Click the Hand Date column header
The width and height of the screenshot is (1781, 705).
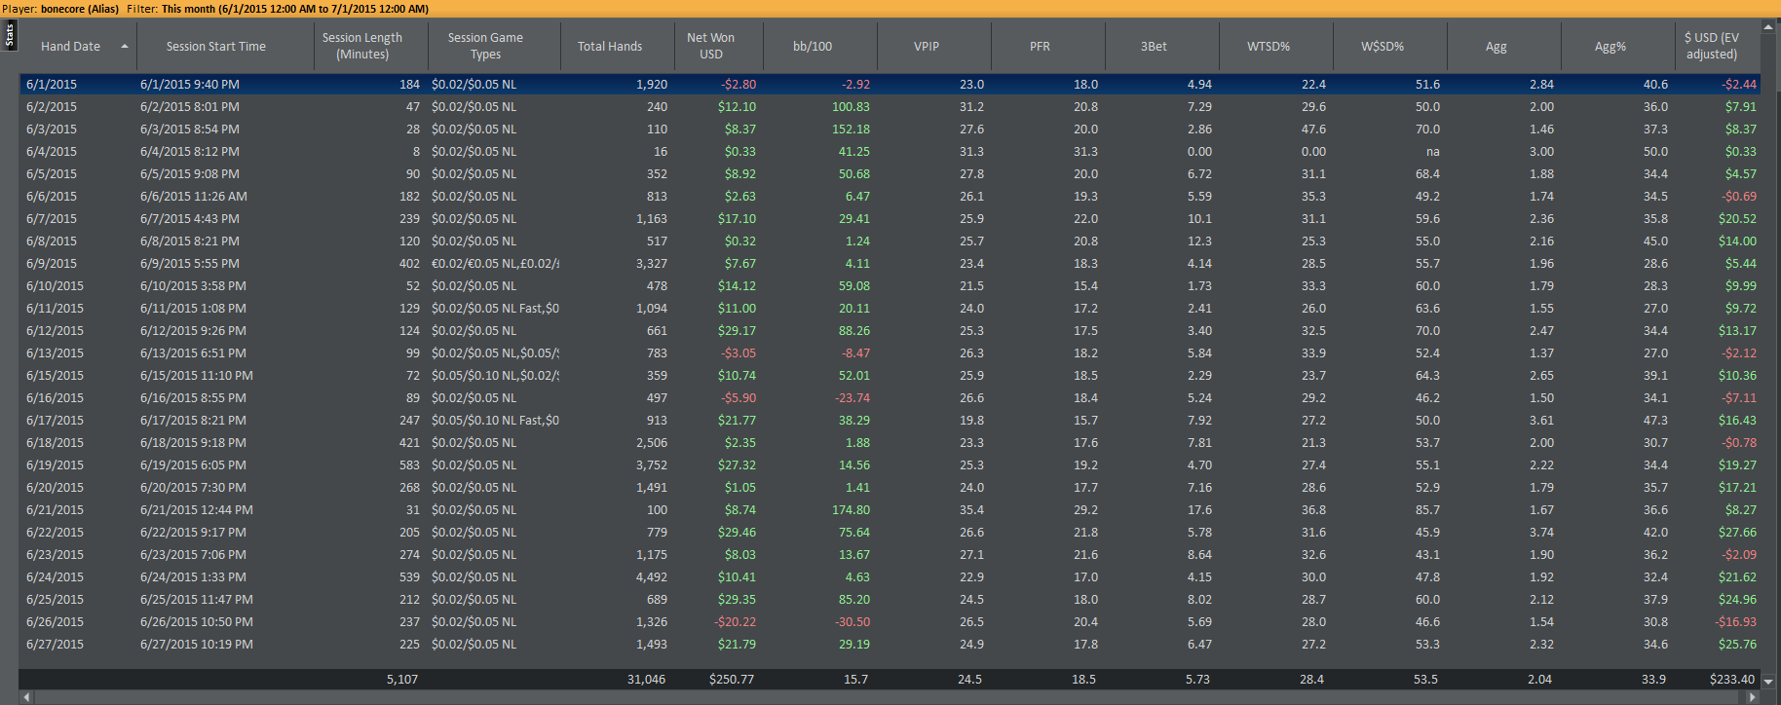pyautogui.click(x=70, y=47)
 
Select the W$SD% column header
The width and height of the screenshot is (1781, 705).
pyautogui.click(x=1383, y=47)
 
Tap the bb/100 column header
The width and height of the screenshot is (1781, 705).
pyautogui.click(x=813, y=47)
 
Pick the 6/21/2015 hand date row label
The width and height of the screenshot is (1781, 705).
pyautogui.click(x=55, y=510)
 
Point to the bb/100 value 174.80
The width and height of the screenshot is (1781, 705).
pyautogui.click(x=851, y=510)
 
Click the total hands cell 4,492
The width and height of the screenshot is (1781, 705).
pyautogui.click(x=651, y=577)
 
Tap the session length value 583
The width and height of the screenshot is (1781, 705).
pyautogui.click(x=409, y=465)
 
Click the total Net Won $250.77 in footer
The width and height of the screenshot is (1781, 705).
pyautogui.click(x=732, y=680)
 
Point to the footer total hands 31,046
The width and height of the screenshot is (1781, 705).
pyautogui.click(x=647, y=680)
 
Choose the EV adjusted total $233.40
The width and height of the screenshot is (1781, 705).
pyautogui.click(x=1732, y=680)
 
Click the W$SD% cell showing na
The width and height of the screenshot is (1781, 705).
pyautogui.click(x=1433, y=152)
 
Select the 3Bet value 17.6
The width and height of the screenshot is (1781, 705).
pyautogui.click(x=1200, y=510)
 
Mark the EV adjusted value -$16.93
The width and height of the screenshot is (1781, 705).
pyautogui.click(x=1736, y=622)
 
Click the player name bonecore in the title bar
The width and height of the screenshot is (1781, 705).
pyautogui.click(x=62, y=9)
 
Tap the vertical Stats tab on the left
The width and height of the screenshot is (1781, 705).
pyautogui.click(x=10, y=34)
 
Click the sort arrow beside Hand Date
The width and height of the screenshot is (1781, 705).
pyautogui.click(x=125, y=47)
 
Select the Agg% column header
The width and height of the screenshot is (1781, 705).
pyautogui.click(x=1610, y=47)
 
